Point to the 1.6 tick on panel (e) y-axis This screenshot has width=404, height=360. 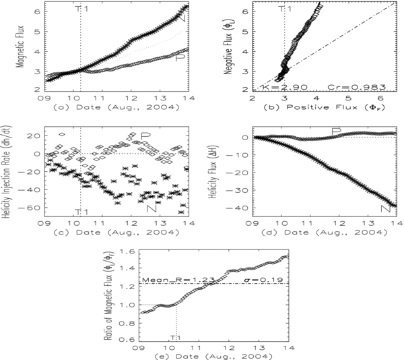pyautogui.click(x=130, y=251)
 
